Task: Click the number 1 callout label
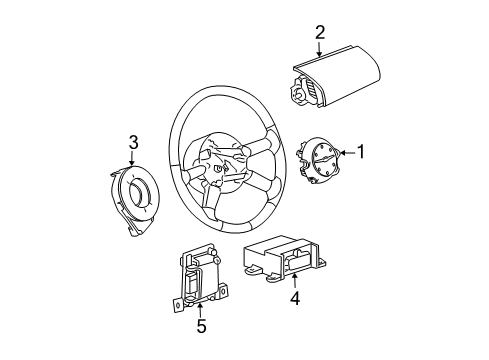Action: tap(363, 153)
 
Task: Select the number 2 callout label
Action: tap(320, 34)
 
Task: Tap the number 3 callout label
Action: tap(132, 141)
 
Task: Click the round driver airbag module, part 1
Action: tap(322, 165)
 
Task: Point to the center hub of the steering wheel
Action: tap(225, 162)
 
